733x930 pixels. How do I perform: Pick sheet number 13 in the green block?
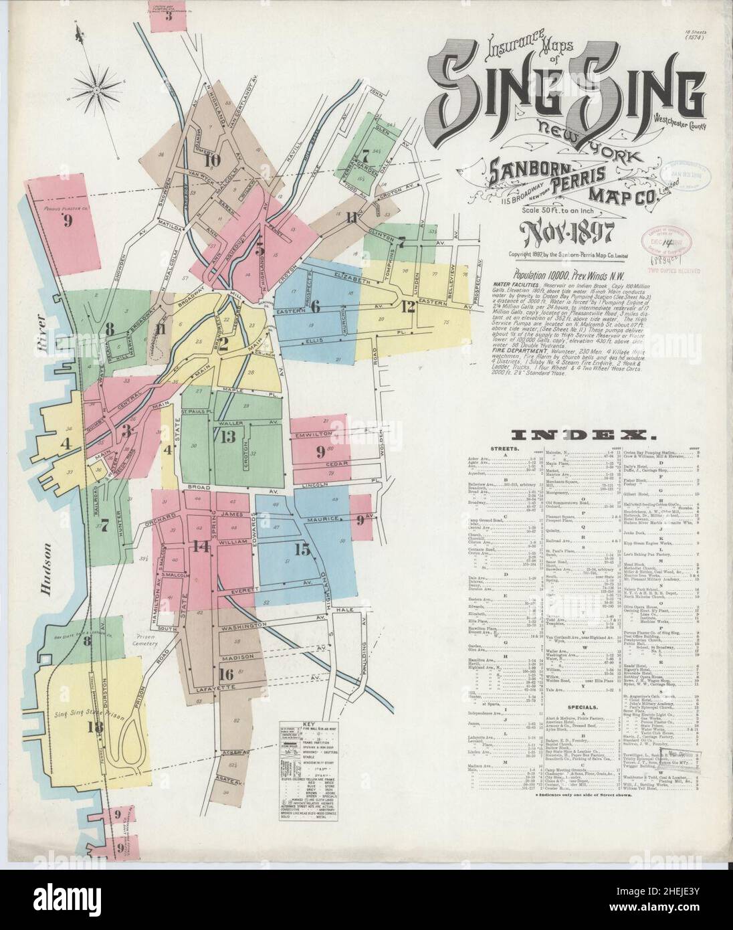[x=228, y=437]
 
